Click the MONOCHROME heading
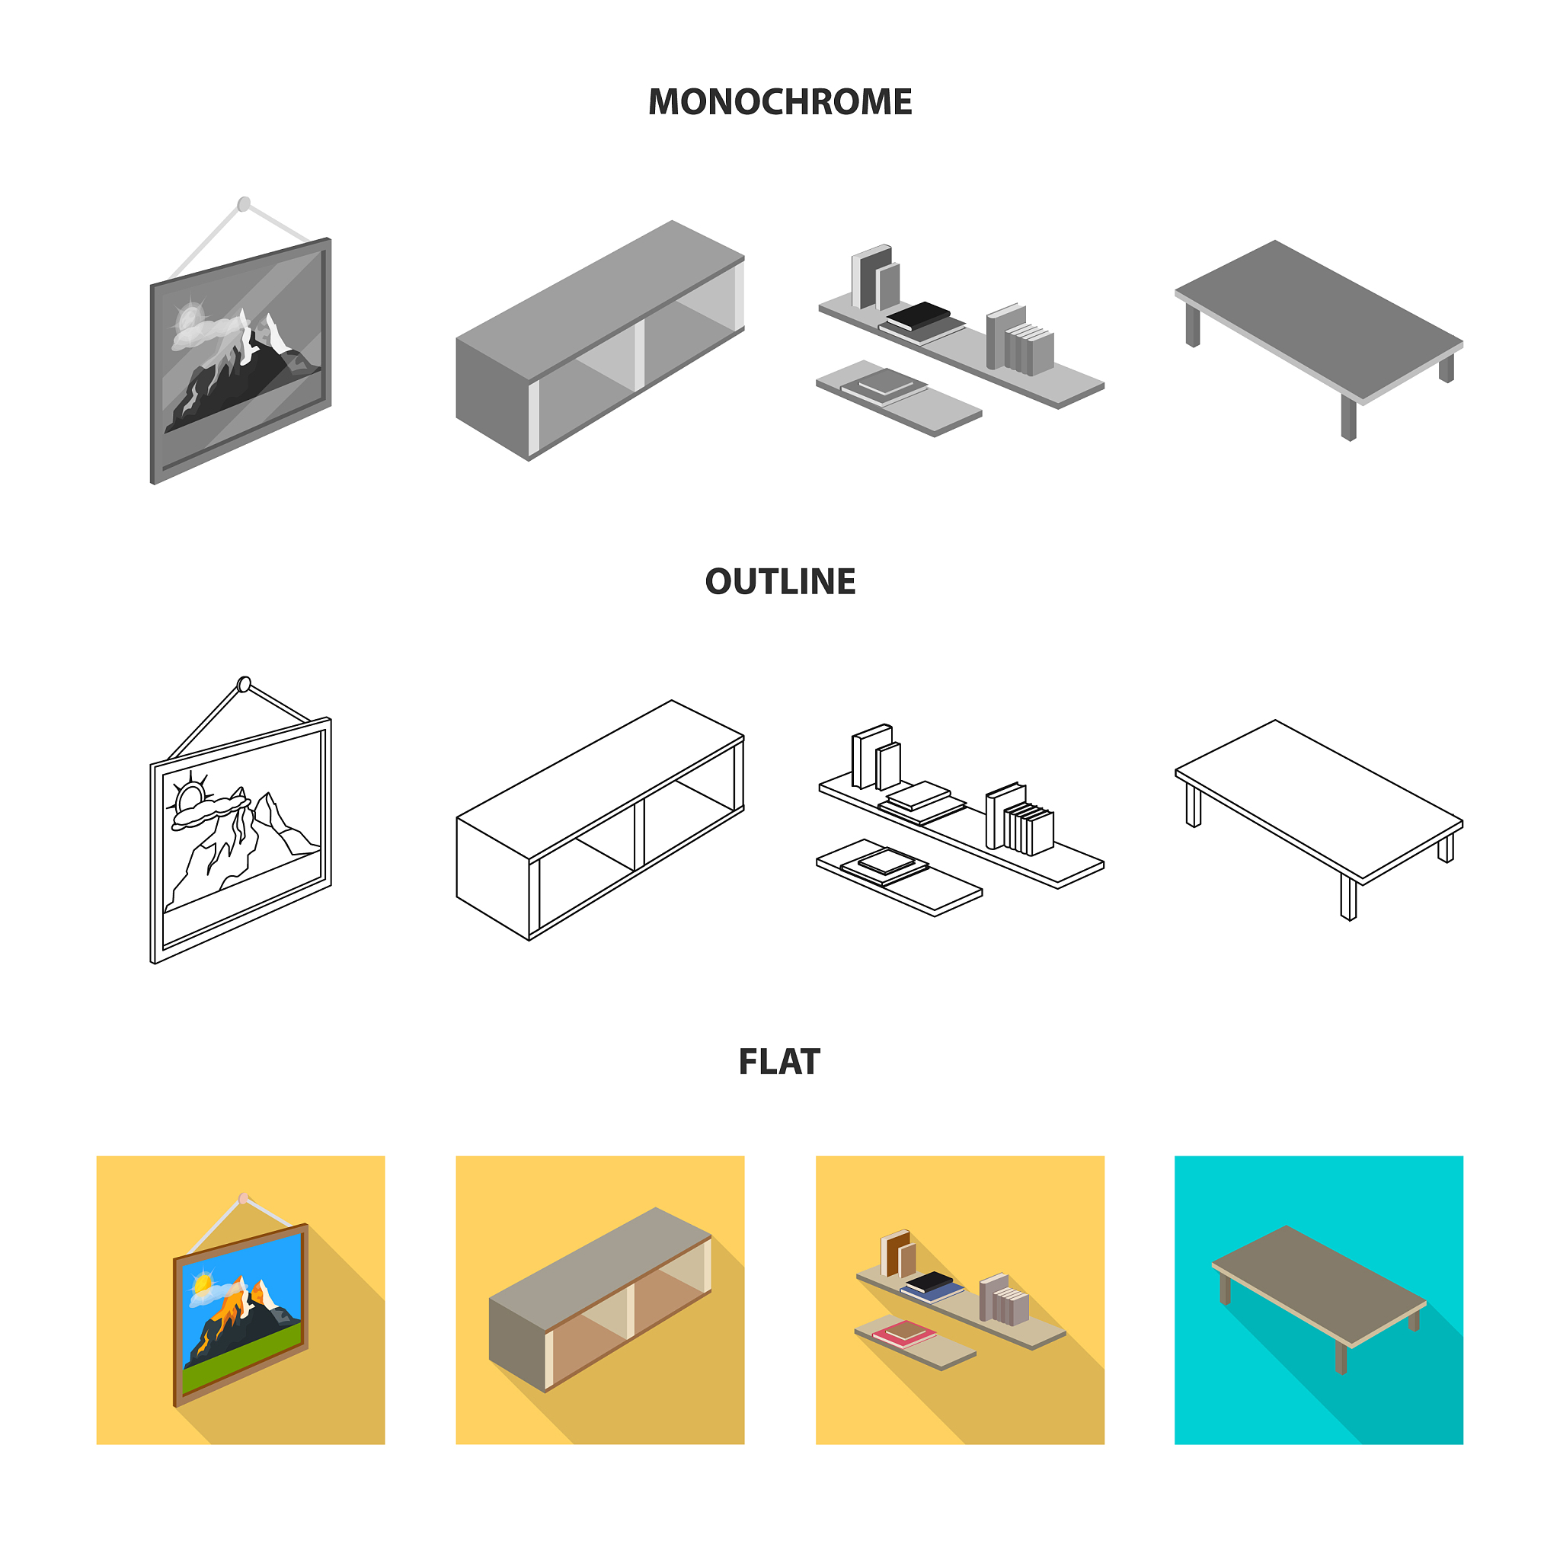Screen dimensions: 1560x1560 779,102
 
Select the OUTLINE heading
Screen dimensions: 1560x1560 780,581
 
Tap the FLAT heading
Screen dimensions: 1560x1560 779,1062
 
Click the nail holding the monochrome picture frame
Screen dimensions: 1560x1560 244,203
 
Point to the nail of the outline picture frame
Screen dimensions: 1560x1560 244,685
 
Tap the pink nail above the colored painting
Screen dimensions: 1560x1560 244,1198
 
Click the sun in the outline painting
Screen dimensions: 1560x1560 190,796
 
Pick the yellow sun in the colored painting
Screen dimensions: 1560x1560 202,1282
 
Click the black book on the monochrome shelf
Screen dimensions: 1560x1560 918,315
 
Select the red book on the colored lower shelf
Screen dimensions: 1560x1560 904,1333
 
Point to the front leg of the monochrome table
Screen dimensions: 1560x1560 1348,417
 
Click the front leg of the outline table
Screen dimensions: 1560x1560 1348,897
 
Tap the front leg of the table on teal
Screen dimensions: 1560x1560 1341,1358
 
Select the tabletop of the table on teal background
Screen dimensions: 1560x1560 1319,1283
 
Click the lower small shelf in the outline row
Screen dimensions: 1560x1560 899,877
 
